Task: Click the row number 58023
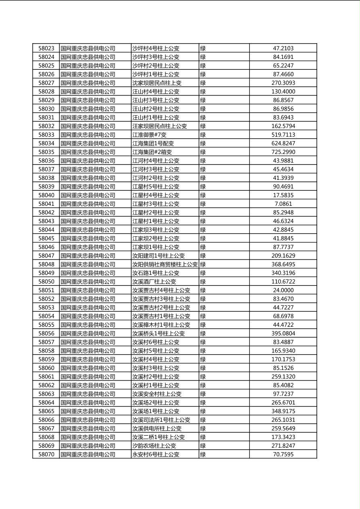(46, 48)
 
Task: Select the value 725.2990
(283, 152)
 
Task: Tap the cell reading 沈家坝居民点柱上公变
(157, 83)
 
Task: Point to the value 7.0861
(283, 204)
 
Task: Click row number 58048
(46, 264)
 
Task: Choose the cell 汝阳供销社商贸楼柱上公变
(165, 264)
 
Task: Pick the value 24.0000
(283, 290)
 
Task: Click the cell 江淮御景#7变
(149, 135)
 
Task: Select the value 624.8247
(283, 143)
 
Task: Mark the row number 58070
(46, 454)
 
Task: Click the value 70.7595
(283, 454)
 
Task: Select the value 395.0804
(283, 333)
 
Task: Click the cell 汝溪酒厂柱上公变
(154, 282)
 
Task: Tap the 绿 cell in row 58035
(203, 152)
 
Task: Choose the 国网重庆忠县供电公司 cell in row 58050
(88, 282)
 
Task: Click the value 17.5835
(283, 195)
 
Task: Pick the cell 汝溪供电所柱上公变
(157, 428)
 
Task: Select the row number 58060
(46, 368)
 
